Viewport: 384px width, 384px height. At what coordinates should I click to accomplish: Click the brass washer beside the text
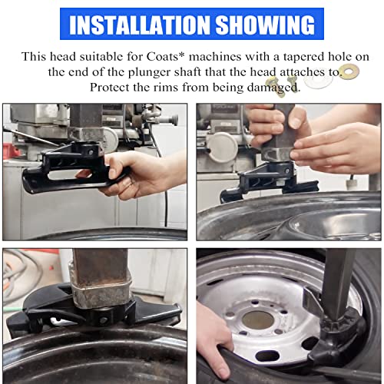pos(350,72)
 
